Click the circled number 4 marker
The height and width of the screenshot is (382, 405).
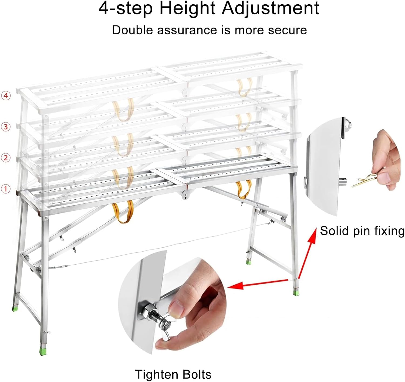[x=6, y=95]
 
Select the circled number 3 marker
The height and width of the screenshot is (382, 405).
[x=6, y=127]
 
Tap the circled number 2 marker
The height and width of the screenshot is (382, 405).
[x=6, y=158]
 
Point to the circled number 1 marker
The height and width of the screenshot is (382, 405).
[x=6, y=189]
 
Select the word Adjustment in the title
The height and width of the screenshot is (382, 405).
[x=271, y=9]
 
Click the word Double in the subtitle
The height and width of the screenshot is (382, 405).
[x=133, y=30]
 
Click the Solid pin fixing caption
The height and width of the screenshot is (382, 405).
[x=362, y=231]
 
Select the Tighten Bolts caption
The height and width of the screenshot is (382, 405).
[x=173, y=374]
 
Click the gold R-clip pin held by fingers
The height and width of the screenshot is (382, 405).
[x=363, y=182]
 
